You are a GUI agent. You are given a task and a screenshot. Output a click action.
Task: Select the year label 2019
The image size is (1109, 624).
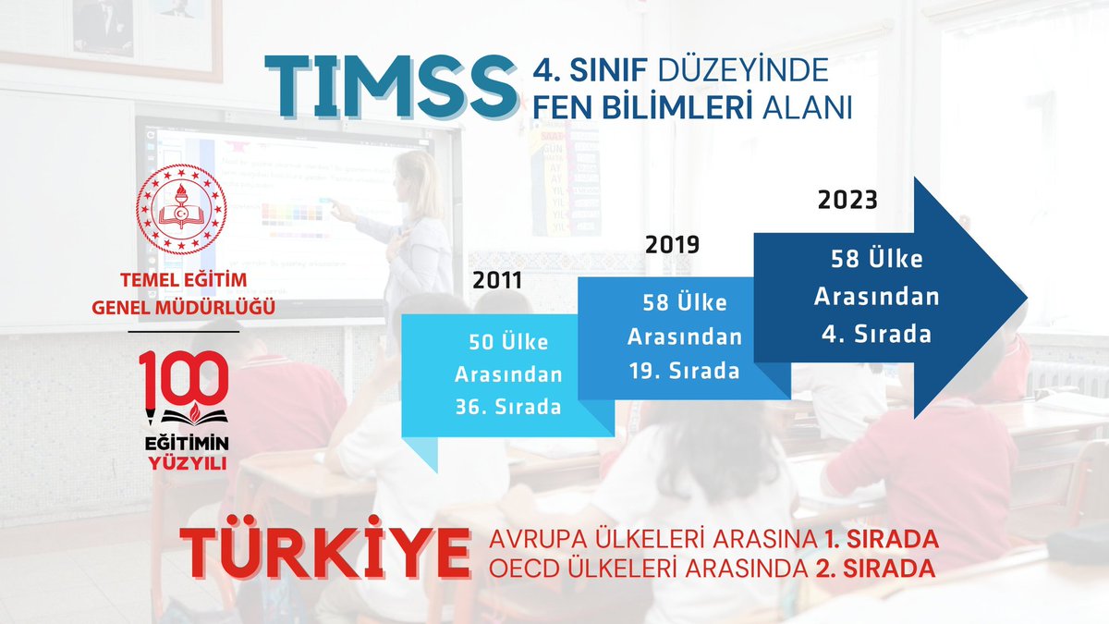671,245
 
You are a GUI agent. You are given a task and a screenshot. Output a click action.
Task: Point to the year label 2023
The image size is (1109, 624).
847,199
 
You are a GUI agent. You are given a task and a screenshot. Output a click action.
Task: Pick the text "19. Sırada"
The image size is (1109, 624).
683,371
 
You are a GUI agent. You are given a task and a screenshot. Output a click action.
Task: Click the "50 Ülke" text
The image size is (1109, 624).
507,342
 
